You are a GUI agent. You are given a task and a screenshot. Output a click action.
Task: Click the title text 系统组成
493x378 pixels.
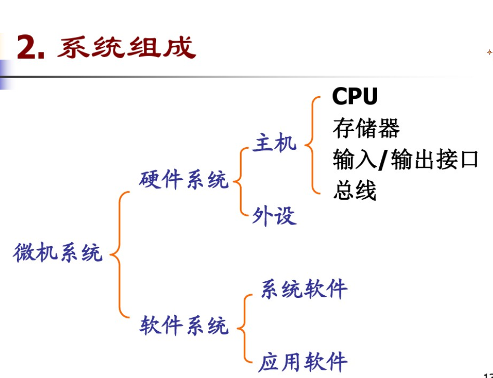[x=126, y=47]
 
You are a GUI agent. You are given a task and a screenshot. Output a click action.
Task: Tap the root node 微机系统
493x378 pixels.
[x=58, y=253]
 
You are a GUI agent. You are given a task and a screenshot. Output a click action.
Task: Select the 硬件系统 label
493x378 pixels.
[x=183, y=180]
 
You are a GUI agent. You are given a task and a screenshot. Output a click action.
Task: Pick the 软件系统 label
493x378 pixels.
[x=183, y=326]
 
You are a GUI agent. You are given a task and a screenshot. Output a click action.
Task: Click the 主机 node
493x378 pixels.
[x=274, y=142]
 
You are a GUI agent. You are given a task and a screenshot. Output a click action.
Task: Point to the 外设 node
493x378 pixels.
[x=274, y=215]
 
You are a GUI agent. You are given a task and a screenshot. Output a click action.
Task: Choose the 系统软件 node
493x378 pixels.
[x=303, y=289]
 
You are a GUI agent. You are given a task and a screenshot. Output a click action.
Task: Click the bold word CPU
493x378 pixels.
[x=355, y=96]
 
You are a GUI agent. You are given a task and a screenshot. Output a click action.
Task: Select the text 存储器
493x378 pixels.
[x=366, y=128]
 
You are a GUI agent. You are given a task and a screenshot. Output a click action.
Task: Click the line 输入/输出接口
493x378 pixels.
[x=405, y=160]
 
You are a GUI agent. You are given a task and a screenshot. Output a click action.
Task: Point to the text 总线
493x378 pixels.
[x=354, y=191]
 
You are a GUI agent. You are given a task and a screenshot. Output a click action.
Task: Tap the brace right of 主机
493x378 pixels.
[x=311, y=145]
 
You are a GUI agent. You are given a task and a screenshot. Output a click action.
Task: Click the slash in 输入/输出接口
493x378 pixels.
[x=382, y=160]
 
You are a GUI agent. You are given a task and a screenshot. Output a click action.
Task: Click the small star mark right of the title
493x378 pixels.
[x=489, y=52]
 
